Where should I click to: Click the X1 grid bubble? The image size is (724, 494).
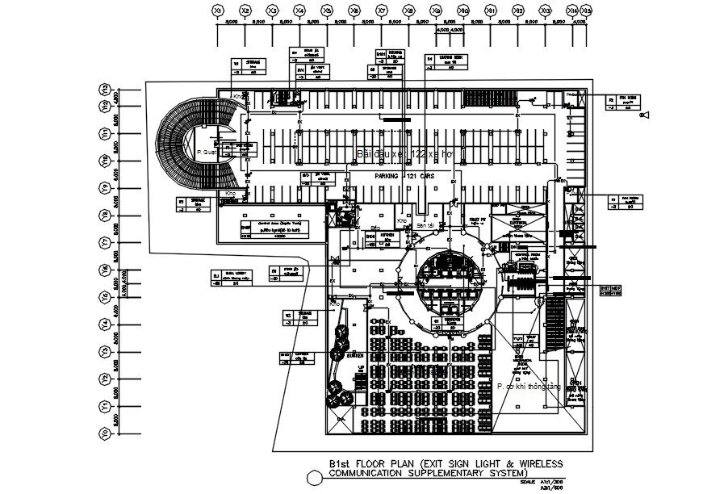218,10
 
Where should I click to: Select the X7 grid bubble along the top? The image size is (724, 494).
382,10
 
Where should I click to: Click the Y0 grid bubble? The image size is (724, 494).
104,434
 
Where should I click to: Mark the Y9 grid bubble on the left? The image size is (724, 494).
104,187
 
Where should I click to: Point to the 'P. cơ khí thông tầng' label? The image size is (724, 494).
529,387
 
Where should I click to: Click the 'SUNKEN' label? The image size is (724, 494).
357,354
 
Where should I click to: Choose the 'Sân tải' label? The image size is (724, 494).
425,226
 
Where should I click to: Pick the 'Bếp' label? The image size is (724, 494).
375,228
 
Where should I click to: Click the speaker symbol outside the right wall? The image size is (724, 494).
643,118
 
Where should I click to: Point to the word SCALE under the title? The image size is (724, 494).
529,482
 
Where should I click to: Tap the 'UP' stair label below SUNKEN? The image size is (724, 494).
359,368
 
